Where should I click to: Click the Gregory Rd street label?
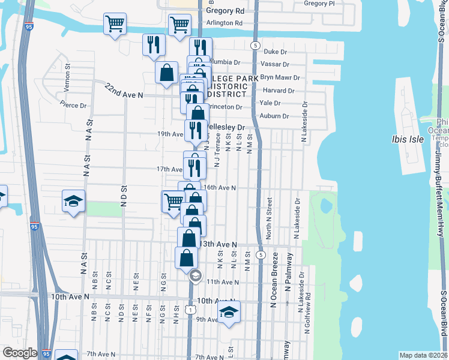click(x=225, y=11)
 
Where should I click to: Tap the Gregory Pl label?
click(x=319, y=4)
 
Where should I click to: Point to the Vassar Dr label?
click(x=275, y=64)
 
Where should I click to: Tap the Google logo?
click(x=20, y=353)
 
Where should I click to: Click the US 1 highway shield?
click(x=190, y=309)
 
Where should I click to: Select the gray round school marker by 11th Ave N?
click(x=195, y=277)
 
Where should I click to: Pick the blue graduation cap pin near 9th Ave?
click(x=229, y=312)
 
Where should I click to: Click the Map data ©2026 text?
click(x=424, y=355)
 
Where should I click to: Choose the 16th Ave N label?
click(x=219, y=187)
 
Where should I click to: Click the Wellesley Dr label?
click(x=226, y=127)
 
